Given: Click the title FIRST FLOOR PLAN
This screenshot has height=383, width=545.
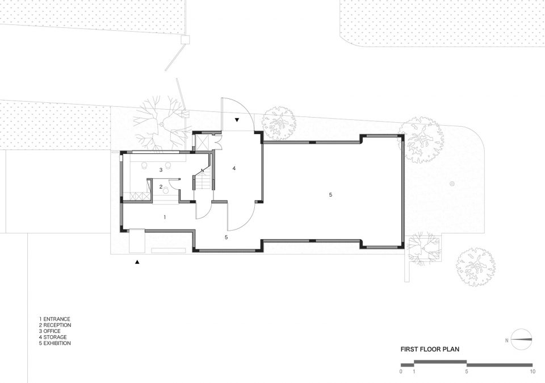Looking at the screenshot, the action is click(x=430, y=349).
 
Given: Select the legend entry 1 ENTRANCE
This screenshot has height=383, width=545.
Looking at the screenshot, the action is click(x=54, y=319).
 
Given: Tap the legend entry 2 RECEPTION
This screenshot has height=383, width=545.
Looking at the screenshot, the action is click(x=55, y=325).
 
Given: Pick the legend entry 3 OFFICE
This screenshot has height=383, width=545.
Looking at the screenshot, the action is click(x=50, y=331).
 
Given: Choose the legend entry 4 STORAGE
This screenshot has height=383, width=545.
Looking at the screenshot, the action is click(x=52, y=337).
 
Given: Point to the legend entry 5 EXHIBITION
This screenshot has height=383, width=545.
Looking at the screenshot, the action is click(x=54, y=343).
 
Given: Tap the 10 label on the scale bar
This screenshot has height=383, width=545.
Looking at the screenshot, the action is click(x=533, y=372).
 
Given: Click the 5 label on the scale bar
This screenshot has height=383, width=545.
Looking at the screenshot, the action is click(x=467, y=372).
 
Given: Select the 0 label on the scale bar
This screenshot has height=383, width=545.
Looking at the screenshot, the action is click(x=401, y=372).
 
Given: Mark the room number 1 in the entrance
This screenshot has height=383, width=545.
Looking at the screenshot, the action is click(x=165, y=217).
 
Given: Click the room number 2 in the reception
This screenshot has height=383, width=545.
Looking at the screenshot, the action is click(x=161, y=187).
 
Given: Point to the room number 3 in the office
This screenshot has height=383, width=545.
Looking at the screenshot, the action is click(x=161, y=170).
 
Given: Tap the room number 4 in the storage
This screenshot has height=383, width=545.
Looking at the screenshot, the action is click(x=234, y=168).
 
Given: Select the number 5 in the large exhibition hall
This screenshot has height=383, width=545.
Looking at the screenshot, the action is click(x=330, y=195).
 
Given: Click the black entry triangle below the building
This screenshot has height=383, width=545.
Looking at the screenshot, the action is click(x=137, y=262).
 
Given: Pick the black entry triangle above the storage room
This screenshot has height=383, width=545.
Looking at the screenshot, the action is click(x=237, y=120).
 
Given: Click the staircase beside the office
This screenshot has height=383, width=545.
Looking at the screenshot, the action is click(x=202, y=179).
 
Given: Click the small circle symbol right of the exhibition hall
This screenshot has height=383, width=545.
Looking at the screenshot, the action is click(x=452, y=184).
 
